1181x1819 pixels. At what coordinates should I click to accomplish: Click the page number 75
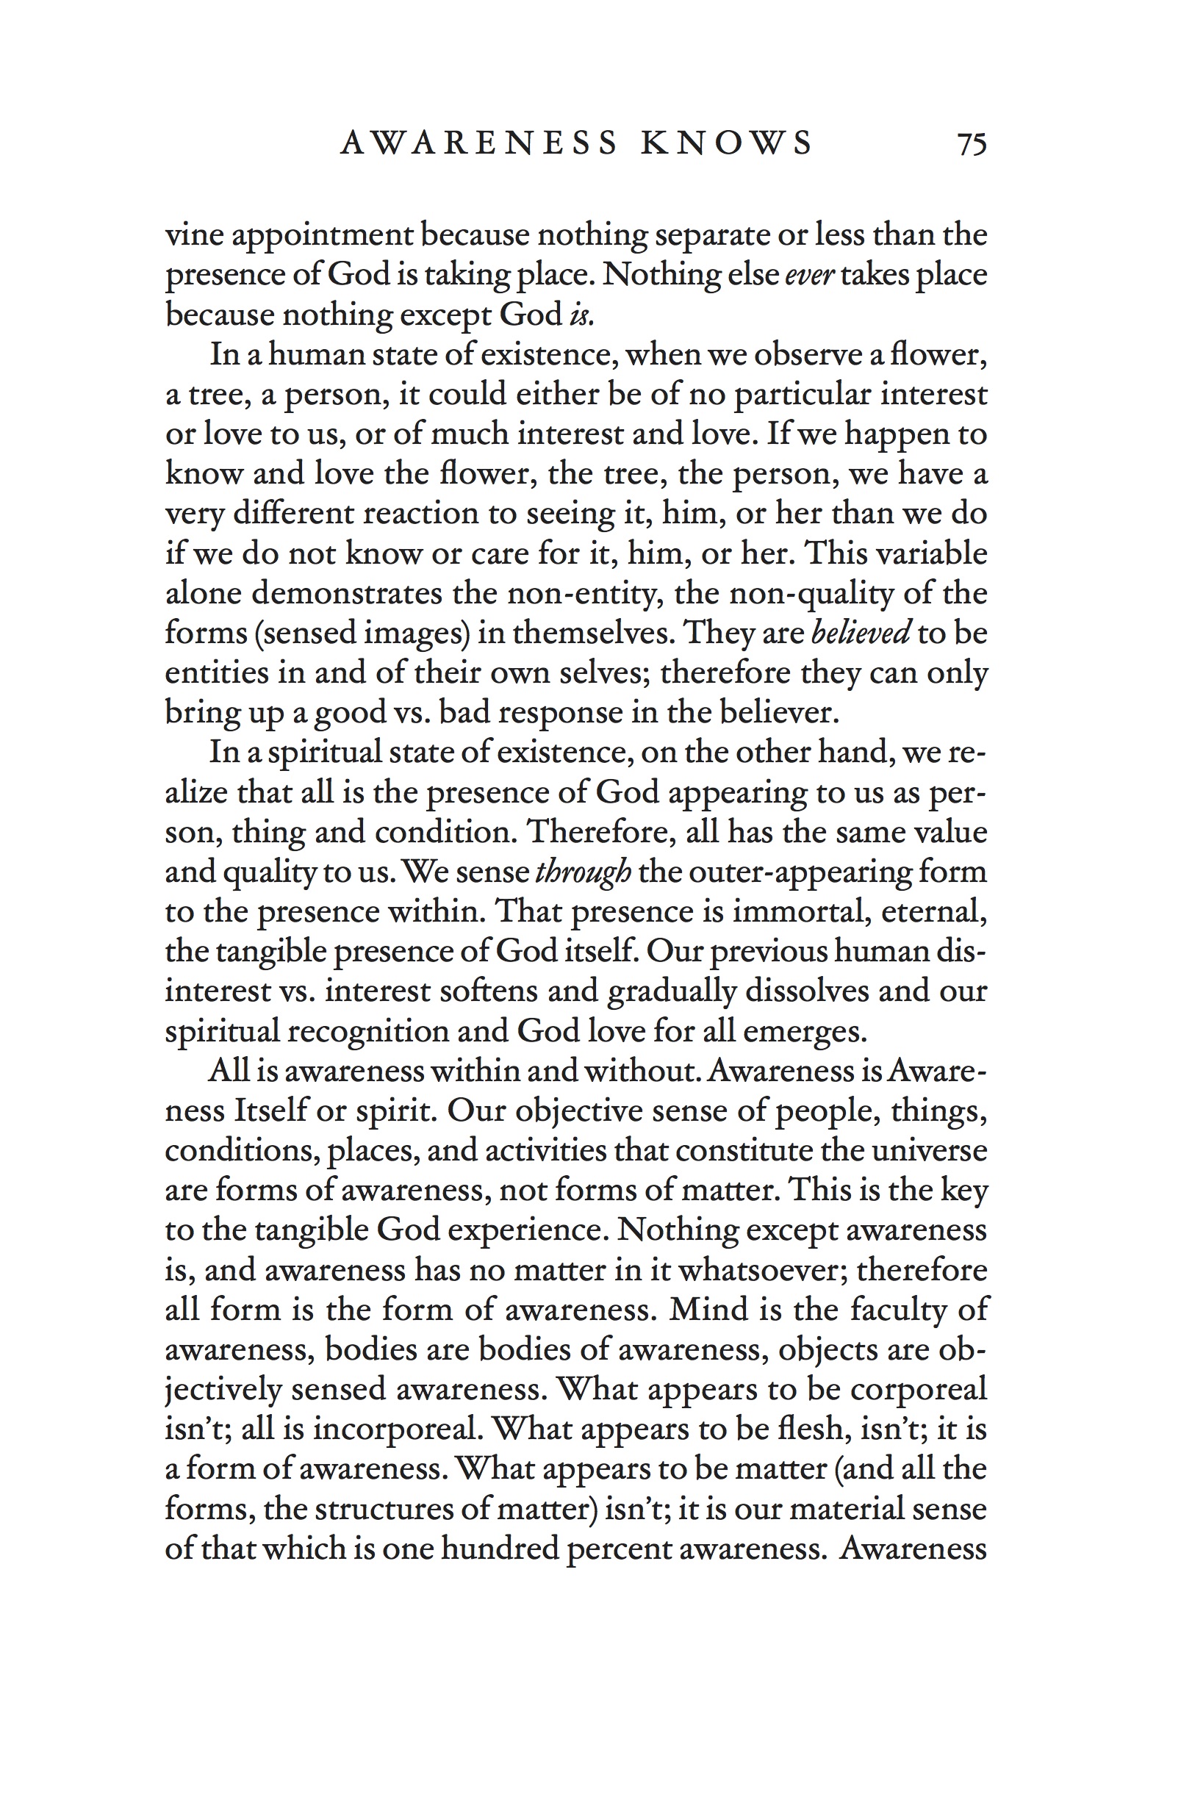(972, 144)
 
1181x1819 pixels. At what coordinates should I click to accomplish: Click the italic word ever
(808, 274)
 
